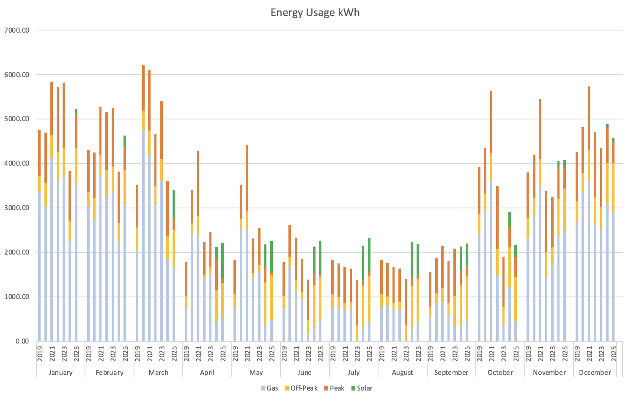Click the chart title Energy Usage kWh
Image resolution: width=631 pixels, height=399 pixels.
[315, 12]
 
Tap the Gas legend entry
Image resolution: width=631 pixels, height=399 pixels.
[269, 388]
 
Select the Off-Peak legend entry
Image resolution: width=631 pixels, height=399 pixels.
[300, 388]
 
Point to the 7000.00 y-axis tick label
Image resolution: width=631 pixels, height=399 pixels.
[16, 30]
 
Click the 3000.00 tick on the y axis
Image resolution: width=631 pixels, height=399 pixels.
[16, 208]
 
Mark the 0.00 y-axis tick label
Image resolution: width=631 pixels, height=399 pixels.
[21, 341]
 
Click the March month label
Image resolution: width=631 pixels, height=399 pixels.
[158, 372]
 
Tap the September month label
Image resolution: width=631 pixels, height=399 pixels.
[451, 372]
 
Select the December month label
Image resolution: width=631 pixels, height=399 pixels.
[595, 372]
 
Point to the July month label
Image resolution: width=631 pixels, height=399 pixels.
[354, 372]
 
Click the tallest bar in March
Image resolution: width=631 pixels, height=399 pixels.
[143, 203]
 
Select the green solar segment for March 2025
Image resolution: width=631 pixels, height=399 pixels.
[174, 204]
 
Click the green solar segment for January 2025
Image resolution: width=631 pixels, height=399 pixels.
[76, 111]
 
